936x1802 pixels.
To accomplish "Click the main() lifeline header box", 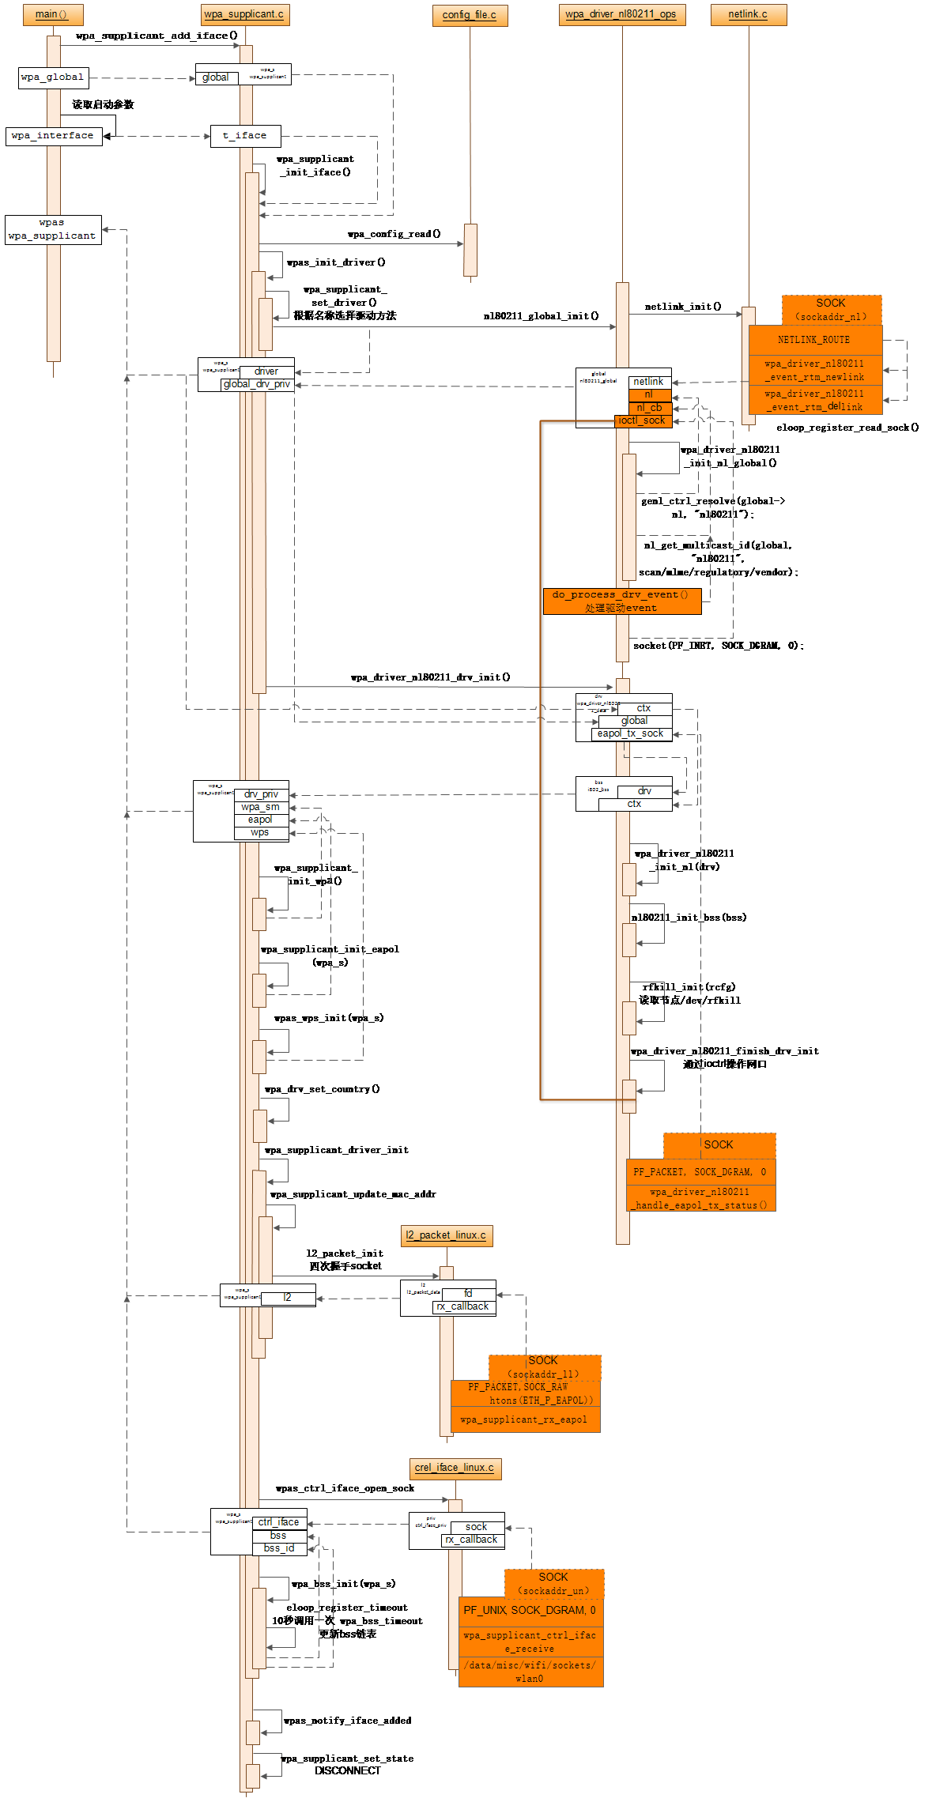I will pyautogui.click(x=52, y=14).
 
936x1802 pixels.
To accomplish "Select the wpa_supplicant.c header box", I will pyautogui.click(x=244, y=14).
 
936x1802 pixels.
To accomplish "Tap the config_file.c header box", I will pyautogui.click(x=470, y=15).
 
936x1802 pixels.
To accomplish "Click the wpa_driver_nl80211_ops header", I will pyautogui.click(x=621, y=14).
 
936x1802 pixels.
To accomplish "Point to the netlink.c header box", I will pyautogui.click(x=748, y=14).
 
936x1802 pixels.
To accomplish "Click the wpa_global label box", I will pyautogui.click(x=53, y=77).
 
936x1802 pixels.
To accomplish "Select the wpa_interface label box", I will pyautogui.click(x=53, y=136).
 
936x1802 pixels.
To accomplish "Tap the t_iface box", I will pyautogui.click(x=245, y=136).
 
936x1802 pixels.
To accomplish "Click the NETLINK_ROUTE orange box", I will pyautogui.click(x=814, y=340).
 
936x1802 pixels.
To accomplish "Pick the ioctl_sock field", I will pyautogui.click(x=643, y=420).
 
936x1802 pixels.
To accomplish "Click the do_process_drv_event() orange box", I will pyautogui.click(x=621, y=601).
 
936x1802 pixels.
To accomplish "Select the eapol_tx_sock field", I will pyautogui.click(x=631, y=733).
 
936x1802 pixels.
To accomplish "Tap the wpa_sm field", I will pyautogui.click(x=261, y=807).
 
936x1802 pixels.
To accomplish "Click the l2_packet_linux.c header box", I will pyautogui.click(x=447, y=1235).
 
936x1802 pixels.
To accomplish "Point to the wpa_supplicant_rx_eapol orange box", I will pyautogui.click(x=524, y=1419).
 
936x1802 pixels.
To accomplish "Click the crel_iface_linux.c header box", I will pyautogui.click(x=455, y=1468).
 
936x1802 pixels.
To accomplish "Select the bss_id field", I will pyautogui.click(x=279, y=1548).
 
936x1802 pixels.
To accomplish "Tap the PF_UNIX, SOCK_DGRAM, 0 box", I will pyautogui.click(x=530, y=1610).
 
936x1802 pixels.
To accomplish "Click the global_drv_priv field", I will pyautogui.click(x=257, y=384).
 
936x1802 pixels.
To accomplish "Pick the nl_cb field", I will pyautogui.click(x=650, y=408).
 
